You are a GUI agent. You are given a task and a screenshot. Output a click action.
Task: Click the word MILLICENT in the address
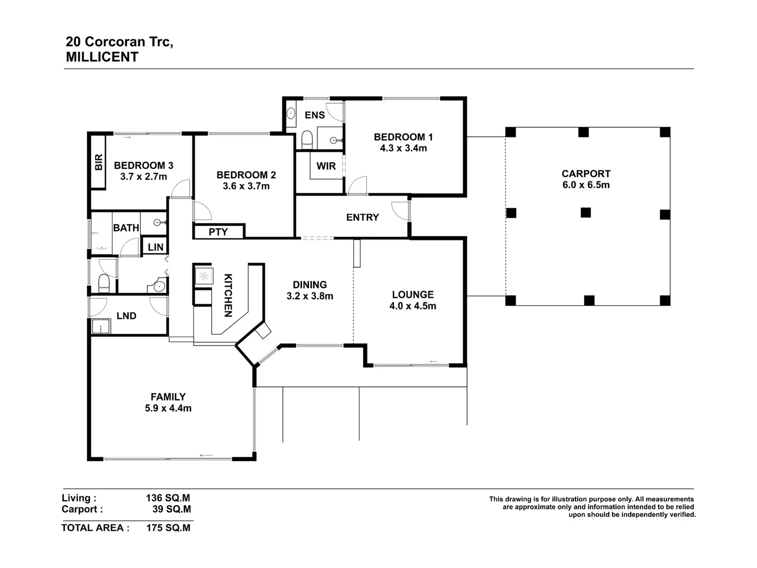click(x=102, y=57)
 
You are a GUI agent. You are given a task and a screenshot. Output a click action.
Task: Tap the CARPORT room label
click(x=586, y=174)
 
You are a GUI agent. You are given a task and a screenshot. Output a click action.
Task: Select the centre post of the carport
click(x=586, y=212)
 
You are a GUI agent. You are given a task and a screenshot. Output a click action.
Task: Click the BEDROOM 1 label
click(x=403, y=137)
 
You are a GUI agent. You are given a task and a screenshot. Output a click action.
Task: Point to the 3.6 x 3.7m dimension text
click(x=246, y=186)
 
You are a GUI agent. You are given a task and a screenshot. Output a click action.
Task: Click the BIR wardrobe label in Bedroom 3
click(x=99, y=162)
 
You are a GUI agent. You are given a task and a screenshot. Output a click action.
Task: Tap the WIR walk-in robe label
click(x=326, y=166)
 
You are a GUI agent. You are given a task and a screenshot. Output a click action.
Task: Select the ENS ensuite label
click(x=315, y=115)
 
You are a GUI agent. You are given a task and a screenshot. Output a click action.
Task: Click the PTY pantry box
click(x=218, y=231)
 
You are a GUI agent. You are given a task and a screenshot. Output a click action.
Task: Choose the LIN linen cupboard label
click(x=156, y=247)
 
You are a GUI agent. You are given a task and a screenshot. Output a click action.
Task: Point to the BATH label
click(x=126, y=228)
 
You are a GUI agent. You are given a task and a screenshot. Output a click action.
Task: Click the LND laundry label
click(x=126, y=316)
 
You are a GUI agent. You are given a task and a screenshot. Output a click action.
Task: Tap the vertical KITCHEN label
click(x=228, y=295)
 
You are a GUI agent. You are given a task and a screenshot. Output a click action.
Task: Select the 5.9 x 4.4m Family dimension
click(x=168, y=408)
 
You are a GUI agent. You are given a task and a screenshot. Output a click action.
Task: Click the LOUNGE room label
click(x=413, y=295)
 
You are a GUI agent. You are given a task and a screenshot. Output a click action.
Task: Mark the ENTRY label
click(x=362, y=217)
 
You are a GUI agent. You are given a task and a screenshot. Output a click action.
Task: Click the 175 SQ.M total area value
click(x=168, y=528)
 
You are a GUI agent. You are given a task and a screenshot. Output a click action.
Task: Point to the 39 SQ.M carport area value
click(x=168, y=509)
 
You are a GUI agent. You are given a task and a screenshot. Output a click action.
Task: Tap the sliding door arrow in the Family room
click(x=206, y=455)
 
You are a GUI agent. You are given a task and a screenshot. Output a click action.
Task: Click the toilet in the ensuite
click(x=307, y=140)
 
